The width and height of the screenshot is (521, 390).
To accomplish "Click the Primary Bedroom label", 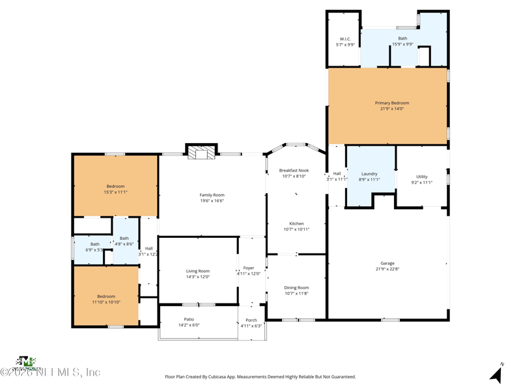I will (x=391, y=103).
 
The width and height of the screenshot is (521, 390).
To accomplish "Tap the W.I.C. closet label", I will (x=345, y=39).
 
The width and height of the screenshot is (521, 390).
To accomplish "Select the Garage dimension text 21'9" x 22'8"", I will (x=387, y=269).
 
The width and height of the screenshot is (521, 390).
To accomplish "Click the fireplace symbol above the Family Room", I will (x=201, y=152).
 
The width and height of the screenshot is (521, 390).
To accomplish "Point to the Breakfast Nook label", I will (x=294, y=170).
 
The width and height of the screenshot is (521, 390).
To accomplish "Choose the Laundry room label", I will (x=369, y=174).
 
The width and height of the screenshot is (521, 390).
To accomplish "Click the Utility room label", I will (x=422, y=177).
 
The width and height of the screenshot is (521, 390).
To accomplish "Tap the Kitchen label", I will (x=296, y=224).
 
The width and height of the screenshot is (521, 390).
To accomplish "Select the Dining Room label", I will (x=296, y=287).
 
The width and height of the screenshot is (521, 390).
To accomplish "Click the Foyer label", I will (x=249, y=268).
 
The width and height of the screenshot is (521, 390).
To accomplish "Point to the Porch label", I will (x=251, y=320).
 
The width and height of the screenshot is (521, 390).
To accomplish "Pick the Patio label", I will (x=189, y=319).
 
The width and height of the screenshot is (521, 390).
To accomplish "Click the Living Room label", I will (x=198, y=271).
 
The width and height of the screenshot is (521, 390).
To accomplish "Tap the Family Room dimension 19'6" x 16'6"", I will (x=212, y=201).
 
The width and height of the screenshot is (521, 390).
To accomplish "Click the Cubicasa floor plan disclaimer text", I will (x=260, y=376).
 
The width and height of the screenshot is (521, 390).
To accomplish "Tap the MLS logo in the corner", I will (x=26, y=361).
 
